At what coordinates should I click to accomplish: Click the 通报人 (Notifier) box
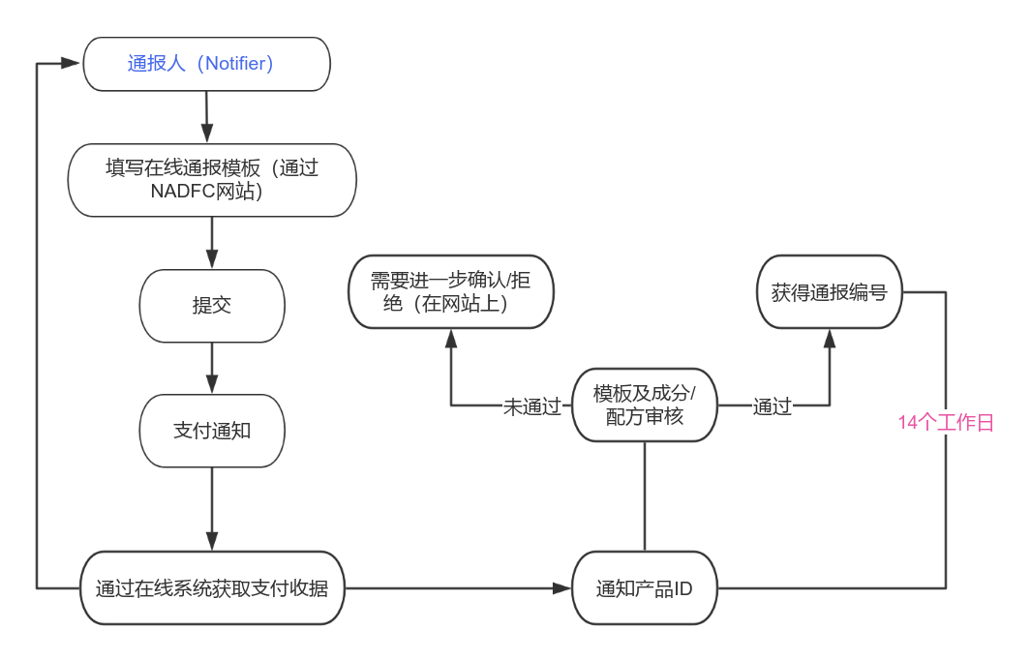[x=206, y=64]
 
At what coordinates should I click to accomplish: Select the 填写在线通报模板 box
[x=212, y=180]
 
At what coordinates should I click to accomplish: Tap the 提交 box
[x=212, y=306]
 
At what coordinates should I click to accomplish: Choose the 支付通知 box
[x=212, y=431]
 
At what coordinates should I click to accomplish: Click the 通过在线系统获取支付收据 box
[x=212, y=587]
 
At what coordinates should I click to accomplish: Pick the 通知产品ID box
[x=644, y=587]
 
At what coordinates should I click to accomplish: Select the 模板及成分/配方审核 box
[x=644, y=405]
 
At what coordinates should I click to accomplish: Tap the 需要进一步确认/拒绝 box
[x=450, y=291]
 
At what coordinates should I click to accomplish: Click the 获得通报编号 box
[x=829, y=291]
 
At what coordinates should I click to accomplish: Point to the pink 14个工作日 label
[x=946, y=422]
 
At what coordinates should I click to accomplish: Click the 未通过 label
[x=531, y=406]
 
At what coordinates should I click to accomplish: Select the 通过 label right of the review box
[x=773, y=406]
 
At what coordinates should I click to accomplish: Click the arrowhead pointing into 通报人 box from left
[x=71, y=63]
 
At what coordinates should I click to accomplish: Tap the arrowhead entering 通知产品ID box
[x=561, y=587]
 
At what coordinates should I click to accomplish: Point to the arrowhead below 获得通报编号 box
[x=829, y=338]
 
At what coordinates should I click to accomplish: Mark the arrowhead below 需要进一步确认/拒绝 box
[x=450, y=338]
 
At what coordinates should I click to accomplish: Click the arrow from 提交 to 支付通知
[x=212, y=368]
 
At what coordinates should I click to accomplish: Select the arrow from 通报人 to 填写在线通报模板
[x=206, y=116]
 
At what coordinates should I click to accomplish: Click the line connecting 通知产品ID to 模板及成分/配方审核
[x=644, y=495]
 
